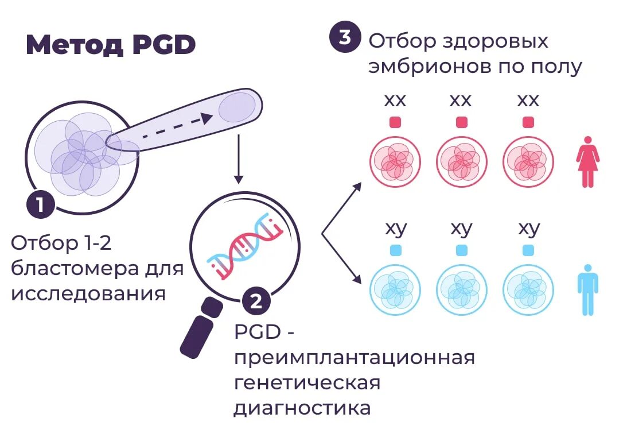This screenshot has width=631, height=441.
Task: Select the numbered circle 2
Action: tap(256, 301)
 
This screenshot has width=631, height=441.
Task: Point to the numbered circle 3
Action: tap(345, 37)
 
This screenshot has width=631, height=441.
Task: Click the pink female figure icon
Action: tap(587, 161)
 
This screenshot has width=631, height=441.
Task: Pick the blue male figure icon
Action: tap(587, 289)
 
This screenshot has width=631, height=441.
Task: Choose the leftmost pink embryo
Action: tap(395, 161)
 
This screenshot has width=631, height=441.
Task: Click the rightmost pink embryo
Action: tap(528, 161)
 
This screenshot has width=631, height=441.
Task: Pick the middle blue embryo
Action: tap(461, 289)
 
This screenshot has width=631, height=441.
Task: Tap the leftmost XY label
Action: tap(395, 228)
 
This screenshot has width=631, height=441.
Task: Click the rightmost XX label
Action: tap(528, 100)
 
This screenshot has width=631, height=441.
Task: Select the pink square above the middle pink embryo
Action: tap(461, 122)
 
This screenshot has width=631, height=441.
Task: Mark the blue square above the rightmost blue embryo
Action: tap(528, 250)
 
